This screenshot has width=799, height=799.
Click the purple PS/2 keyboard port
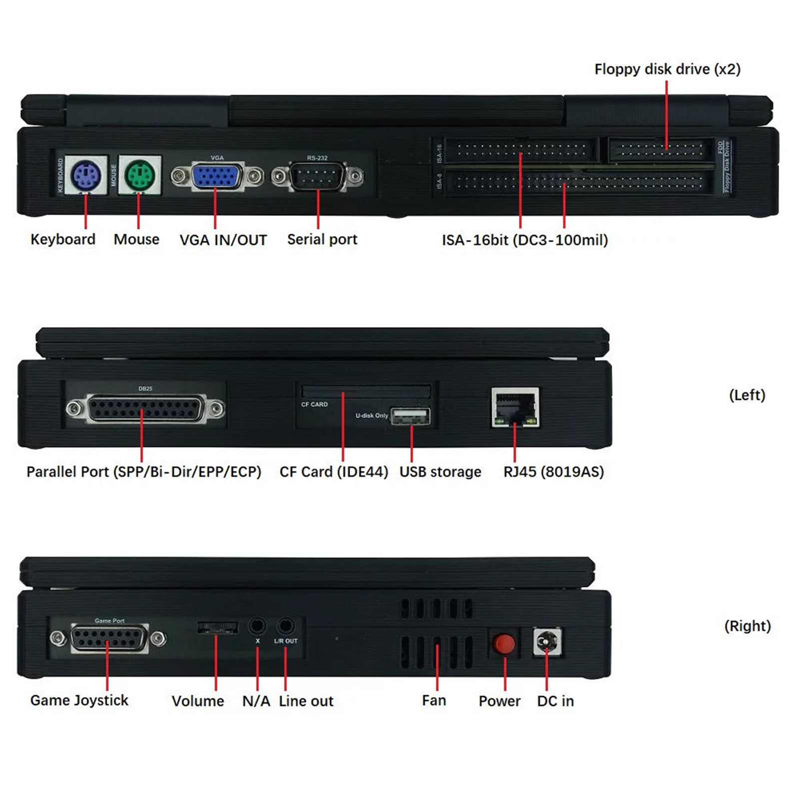point(86,175)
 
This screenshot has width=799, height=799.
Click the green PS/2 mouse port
point(139,175)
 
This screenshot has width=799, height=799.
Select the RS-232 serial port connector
point(318,176)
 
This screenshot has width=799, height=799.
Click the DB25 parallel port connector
point(145,409)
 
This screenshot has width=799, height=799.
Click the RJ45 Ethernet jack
point(515,407)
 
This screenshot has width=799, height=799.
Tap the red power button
point(504,643)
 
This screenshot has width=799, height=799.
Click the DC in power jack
point(547,642)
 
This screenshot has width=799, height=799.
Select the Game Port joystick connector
point(109,639)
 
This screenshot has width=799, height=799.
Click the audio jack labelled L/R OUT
point(286,625)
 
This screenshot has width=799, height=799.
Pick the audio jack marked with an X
point(257,625)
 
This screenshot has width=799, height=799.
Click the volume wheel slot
point(218,628)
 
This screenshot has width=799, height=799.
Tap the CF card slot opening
point(366,391)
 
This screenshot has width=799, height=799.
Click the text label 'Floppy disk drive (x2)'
point(668,69)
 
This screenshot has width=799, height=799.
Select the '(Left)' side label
point(747,395)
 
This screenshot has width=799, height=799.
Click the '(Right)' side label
point(748,626)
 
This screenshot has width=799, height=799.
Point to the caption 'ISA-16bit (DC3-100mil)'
point(525,240)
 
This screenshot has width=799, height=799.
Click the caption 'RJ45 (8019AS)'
point(554,472)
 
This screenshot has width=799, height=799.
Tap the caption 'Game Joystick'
point(79,701)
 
